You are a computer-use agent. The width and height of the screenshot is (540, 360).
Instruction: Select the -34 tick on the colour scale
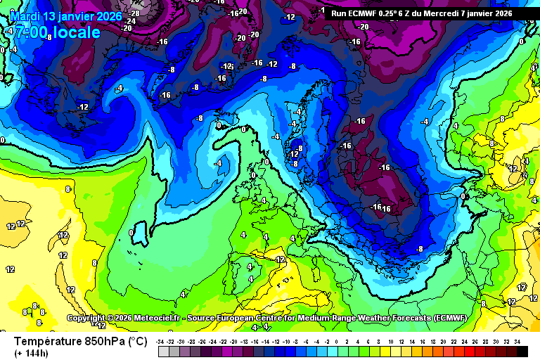161,341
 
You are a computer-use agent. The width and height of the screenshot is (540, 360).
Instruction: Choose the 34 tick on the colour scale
517,341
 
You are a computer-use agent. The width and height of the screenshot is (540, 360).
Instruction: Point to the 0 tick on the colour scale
337,341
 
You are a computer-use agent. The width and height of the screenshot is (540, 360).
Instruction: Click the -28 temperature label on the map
134,13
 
